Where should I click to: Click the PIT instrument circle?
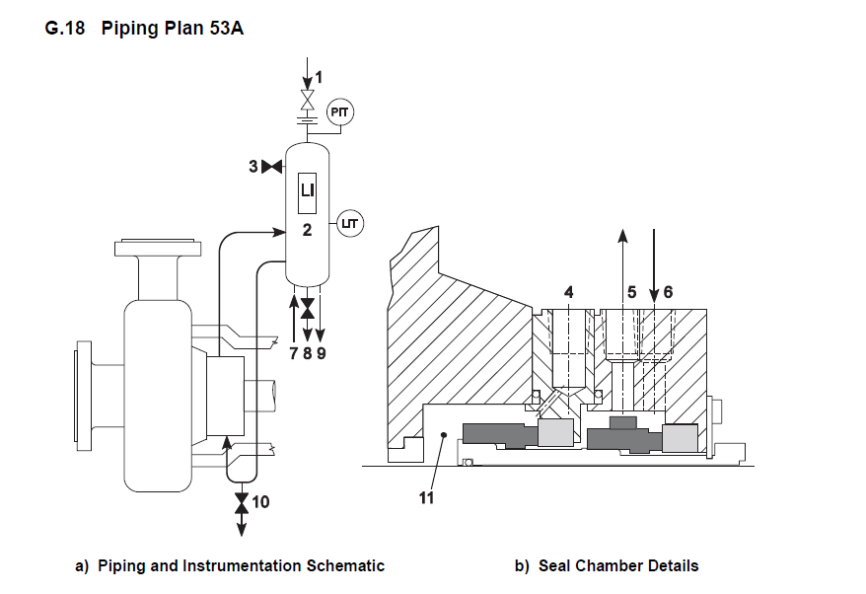click(339, 112)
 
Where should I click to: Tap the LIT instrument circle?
click(350, 224)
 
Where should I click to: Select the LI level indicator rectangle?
click(307, 192)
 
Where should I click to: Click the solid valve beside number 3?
click(271, 166)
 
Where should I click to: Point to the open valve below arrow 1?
click(307, 100)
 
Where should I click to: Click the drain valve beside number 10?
click(242, 502)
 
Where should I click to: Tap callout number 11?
click(426, 498)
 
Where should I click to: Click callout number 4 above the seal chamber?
click(569, 291)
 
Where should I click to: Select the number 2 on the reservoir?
click(307, 229)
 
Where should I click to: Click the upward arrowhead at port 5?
click(622, 236)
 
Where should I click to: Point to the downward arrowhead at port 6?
click(654, 296)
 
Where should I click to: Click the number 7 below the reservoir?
click(294, 353)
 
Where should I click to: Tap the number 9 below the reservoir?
click(321, 353)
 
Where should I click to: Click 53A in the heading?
click(227, 28)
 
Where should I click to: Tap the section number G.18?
click(65, 28)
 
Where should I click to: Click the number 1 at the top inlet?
click(319, 77)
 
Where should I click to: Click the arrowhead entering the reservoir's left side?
click(279, 232)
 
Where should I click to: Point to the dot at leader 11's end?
click(443, 435)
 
